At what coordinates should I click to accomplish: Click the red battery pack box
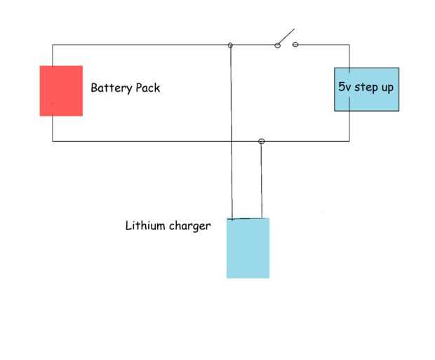61,91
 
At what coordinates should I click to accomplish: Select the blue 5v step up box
366,90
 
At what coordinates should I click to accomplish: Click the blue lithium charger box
248,248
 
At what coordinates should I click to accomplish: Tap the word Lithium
145,226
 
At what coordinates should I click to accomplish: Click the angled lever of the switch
285,36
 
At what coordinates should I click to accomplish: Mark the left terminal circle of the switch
277,46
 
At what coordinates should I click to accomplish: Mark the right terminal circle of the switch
295,45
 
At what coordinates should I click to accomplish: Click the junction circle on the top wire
230,46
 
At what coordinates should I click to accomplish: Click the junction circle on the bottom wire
262,142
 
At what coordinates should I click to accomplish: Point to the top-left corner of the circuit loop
53,46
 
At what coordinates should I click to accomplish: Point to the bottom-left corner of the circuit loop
53,141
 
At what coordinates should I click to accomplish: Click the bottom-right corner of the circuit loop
349,141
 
